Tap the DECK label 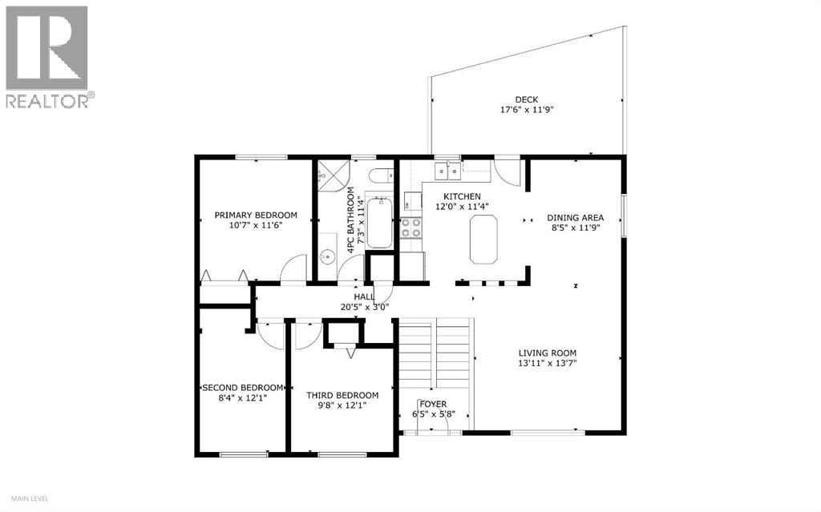tap(526, 99)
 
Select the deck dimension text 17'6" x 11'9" tap(526, 111)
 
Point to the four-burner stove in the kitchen tap(411, 228)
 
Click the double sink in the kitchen tap(447, 170)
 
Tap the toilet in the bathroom tap(382, 175)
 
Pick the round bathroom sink tap(326, 258)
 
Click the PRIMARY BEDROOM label tap(255, 215)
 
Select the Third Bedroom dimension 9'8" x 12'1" tap(342, 406)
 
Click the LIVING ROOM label tap(547, 353)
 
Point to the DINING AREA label tap(575, 217)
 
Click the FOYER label tap(434, 404)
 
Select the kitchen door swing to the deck tap(507, 171)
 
